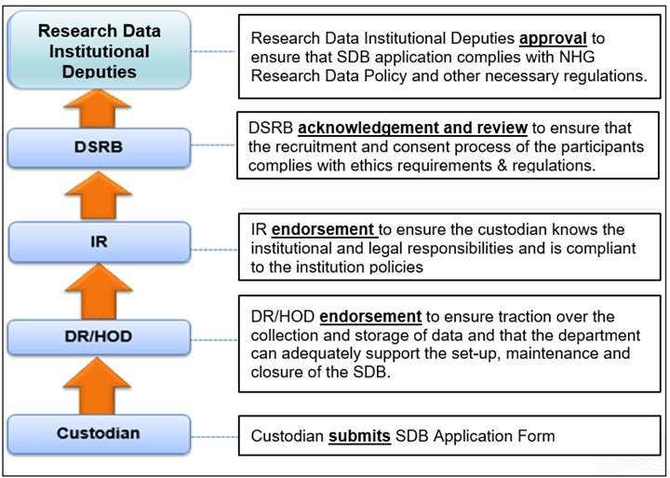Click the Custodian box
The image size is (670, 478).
pyautogui.click(x=98, y=433)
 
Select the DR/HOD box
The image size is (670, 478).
pyautogui.click(x=98, y=335)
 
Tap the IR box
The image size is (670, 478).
pyautogui.click(x=98, y=242)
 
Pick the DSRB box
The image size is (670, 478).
pyautogui.click(x=98, y=145)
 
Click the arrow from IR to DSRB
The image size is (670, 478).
pyautogui.click(x=98, y=193)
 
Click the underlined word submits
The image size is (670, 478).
pyautogui.click(x=359, y=435)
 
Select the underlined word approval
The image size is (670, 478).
pyautogui.click(x=553, y=40)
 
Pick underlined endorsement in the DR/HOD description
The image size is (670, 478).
pyautogui.click(x=370, y=317)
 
